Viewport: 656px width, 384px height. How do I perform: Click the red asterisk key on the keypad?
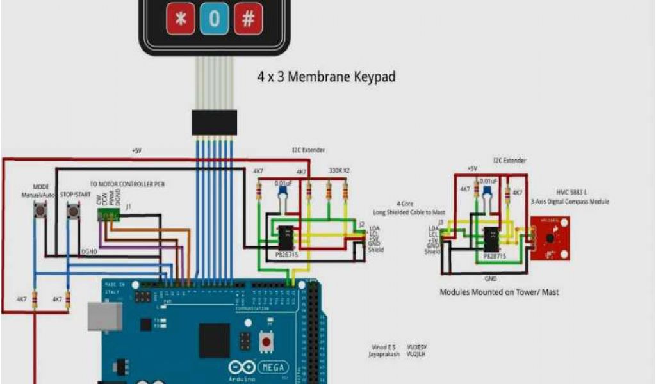181,19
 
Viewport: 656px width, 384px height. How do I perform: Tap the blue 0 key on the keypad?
214,19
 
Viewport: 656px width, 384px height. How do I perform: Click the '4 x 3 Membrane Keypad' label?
326,77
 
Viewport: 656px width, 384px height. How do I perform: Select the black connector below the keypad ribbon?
214,122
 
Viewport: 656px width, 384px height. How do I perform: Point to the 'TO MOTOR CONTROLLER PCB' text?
127,184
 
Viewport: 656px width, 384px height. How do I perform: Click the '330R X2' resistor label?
339,171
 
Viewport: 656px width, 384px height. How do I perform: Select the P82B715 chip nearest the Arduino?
286,237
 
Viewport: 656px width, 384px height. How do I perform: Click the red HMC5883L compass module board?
550,237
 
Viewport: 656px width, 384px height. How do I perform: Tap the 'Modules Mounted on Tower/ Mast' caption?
499,292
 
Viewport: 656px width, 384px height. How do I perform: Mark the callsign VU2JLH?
418,353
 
